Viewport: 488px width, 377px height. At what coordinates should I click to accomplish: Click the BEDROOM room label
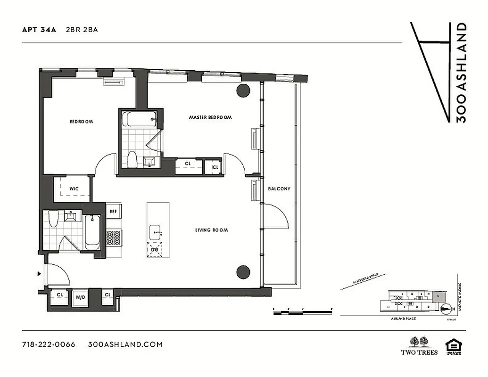81,122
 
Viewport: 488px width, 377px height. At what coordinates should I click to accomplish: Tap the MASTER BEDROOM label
210,117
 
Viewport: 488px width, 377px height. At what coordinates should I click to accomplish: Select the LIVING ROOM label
212,230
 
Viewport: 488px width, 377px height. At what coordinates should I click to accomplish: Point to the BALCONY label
279,188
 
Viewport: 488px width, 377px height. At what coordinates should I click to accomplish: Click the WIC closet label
74,188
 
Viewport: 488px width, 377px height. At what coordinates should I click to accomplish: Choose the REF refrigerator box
113,212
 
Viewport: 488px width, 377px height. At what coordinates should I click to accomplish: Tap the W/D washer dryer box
80,297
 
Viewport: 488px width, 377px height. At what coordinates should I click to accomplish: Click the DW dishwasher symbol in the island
155,249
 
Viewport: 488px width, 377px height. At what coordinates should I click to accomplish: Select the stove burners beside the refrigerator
113,237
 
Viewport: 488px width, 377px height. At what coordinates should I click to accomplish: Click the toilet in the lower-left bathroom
53,220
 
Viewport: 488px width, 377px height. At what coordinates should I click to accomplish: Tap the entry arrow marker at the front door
39,273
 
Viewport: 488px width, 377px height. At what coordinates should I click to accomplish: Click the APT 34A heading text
39,29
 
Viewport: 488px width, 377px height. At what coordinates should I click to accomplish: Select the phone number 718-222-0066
49,344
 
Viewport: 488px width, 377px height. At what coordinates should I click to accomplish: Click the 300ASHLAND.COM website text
125,344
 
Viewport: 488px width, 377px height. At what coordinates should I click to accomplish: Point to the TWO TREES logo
419,345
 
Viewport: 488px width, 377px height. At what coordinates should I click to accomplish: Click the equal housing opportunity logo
454,345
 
